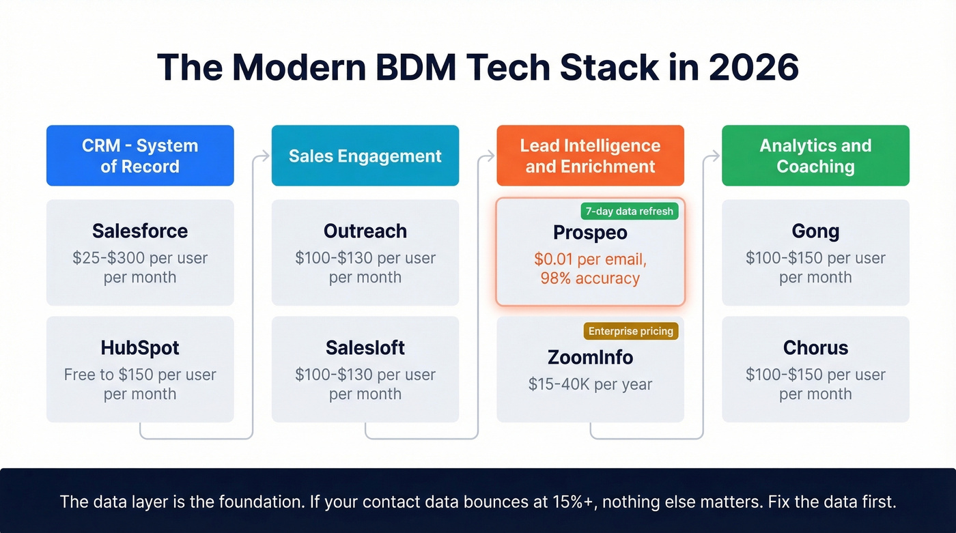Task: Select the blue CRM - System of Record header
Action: click(140, 156)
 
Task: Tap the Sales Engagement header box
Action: click(365, 156)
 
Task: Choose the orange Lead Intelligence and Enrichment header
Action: click(590, 156)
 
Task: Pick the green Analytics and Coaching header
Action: click(815, 156)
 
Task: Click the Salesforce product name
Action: click(140, 231)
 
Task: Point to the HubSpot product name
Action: click(140, 348)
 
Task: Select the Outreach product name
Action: click(365, 231)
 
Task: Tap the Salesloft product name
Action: click(365, 348)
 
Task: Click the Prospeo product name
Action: click(590, 233)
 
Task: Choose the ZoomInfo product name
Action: click(590, 358)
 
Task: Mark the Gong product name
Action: click(815, 231)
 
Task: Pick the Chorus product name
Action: click(815, 348)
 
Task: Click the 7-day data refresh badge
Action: click(629, 211)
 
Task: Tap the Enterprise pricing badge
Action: click(631, 332)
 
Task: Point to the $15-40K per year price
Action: click(590, 384)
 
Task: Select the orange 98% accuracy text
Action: click(590, 278)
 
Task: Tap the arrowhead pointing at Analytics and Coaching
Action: click(716, 156)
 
